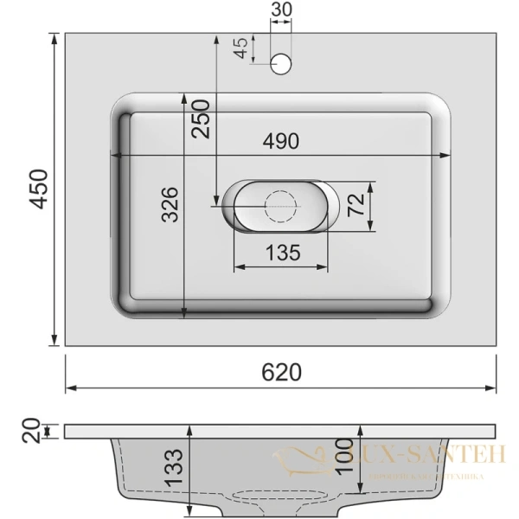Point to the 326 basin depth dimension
[170, 204]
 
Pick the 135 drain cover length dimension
[281, 253]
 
